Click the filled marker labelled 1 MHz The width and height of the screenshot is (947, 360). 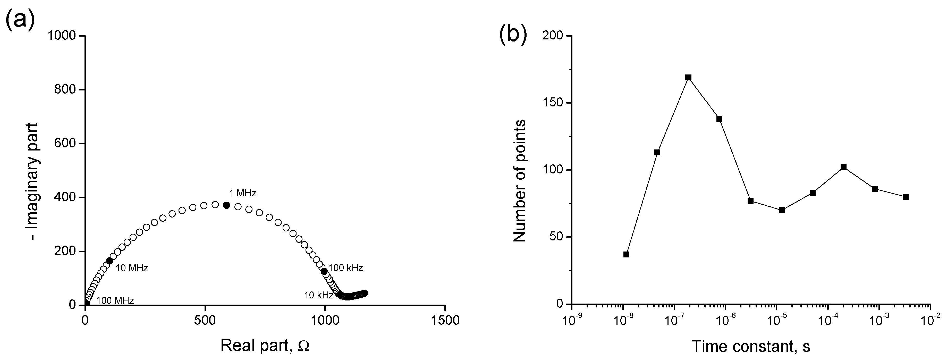226,205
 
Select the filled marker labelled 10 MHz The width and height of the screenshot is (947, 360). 109,261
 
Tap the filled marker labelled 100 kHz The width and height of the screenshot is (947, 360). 324,271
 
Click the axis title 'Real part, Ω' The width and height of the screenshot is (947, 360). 265,346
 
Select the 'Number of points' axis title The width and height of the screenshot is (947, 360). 519,181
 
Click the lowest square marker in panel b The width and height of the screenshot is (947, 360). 627,254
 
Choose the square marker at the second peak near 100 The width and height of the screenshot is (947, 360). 844,167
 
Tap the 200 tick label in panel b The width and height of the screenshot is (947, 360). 556,36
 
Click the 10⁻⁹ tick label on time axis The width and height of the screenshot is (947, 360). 571,320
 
